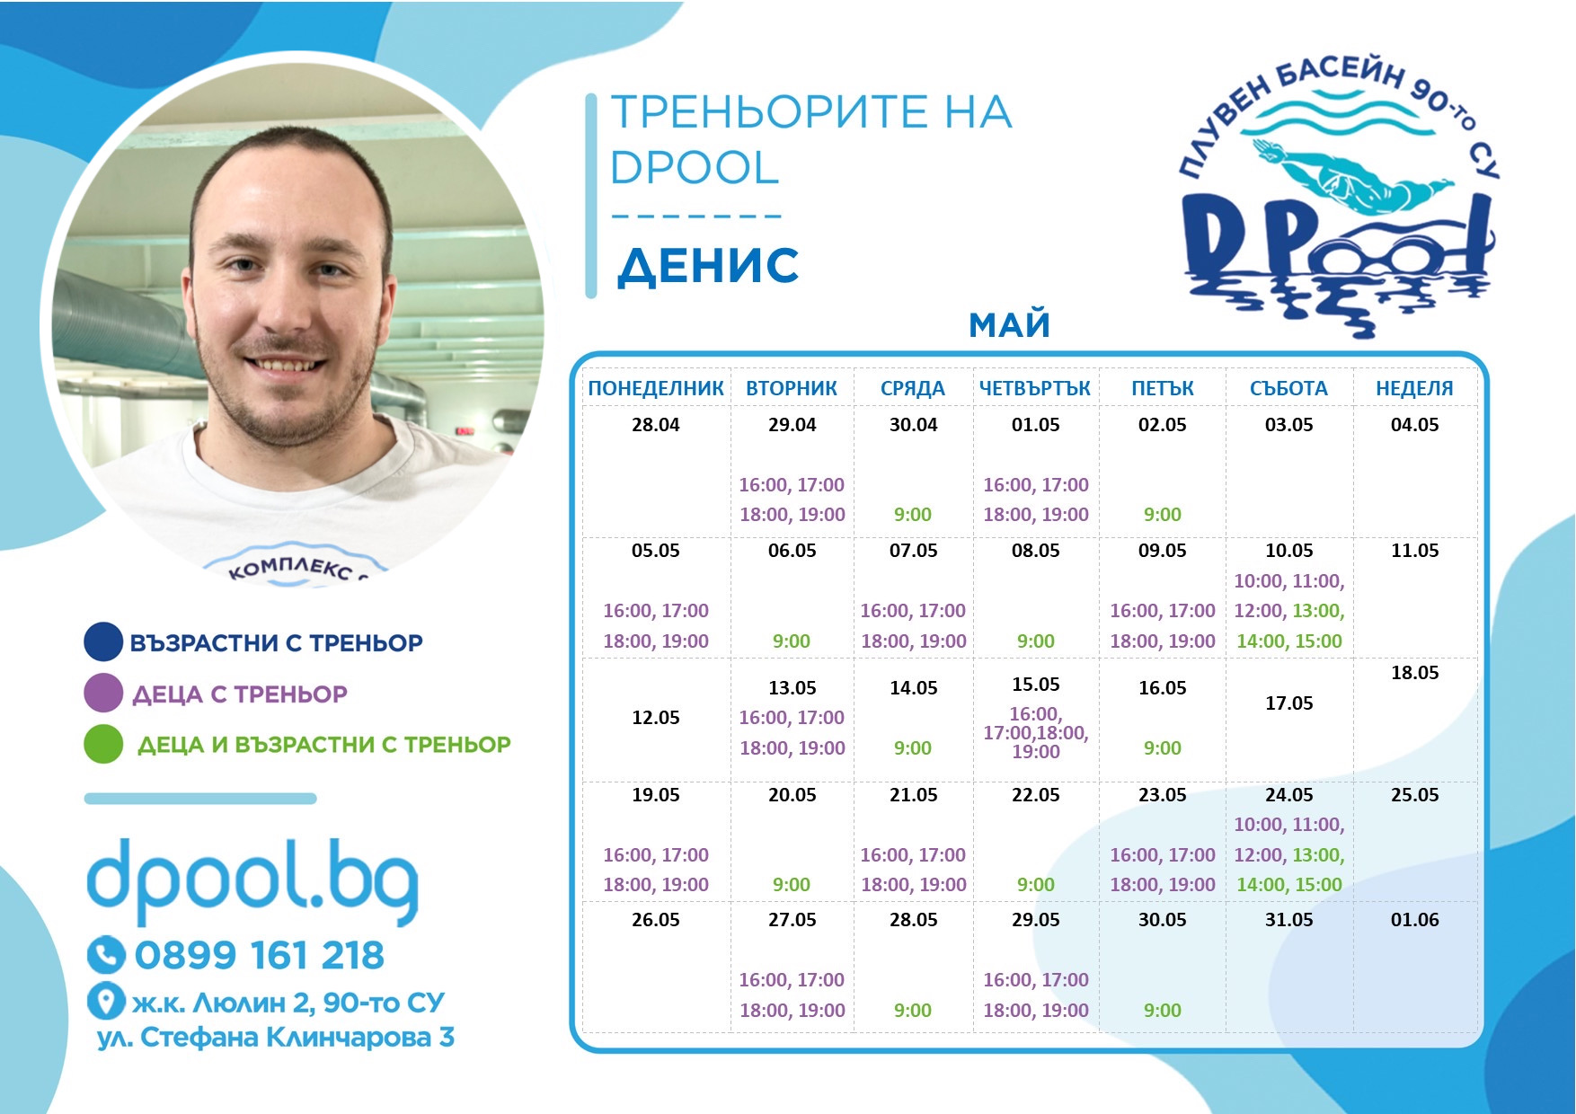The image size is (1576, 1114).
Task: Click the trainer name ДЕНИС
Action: [x=708, y=266]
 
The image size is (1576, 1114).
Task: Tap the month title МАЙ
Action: [x=1009, y=324]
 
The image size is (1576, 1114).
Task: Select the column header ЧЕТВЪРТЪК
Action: [x=1035, y=388]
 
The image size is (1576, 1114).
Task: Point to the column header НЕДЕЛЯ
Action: [x=1414, y=388]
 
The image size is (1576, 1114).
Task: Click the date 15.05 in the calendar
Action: [x=1035, y=685]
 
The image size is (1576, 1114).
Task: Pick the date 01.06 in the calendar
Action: [x=1414, y=920]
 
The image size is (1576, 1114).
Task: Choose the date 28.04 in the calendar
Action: [x=655, y=425]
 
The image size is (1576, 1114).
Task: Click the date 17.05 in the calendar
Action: [x=1288, y=703]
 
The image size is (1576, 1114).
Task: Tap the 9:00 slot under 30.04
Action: [x=912, y=515]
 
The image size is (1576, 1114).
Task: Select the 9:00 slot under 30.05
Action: [x=1162, y=1011]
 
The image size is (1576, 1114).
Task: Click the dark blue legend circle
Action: [x=103, y=641]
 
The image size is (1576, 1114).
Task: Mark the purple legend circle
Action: [x=103, y=693]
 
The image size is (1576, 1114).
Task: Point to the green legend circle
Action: [x=103, y=744]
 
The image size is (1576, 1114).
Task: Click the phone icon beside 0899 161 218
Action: [x=106, y=955]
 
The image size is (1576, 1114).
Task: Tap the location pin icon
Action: [x=106, y=1001]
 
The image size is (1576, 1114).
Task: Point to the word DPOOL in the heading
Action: [x=695, y=168]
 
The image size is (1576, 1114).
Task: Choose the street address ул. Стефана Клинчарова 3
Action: [x=276, y=1038]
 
